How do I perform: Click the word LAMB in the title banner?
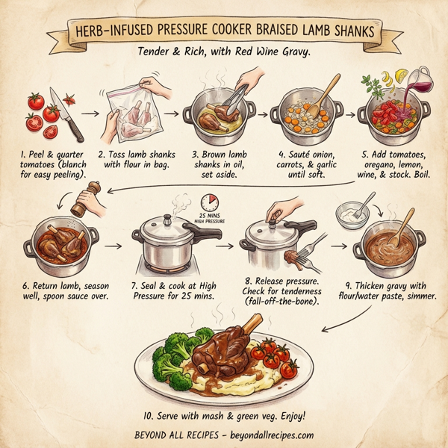[x=314, y=31]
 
